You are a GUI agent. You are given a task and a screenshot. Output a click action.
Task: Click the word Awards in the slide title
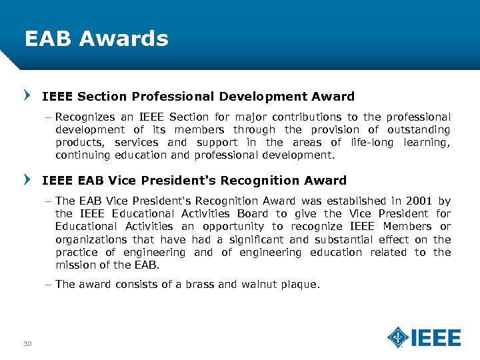tap(123, 39)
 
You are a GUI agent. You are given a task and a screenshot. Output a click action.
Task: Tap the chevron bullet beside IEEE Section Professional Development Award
tap(27, 97)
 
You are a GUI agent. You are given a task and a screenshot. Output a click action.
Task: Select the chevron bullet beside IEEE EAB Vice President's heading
tap(27, 180)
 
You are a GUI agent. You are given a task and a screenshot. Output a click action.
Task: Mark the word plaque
tap(302, 285)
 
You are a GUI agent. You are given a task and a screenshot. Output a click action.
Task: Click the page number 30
tap(27, 343)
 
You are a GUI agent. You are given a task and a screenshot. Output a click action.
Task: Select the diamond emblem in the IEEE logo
tap(398, 337)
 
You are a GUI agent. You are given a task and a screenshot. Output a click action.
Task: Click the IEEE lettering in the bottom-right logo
tap(436, 337)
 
